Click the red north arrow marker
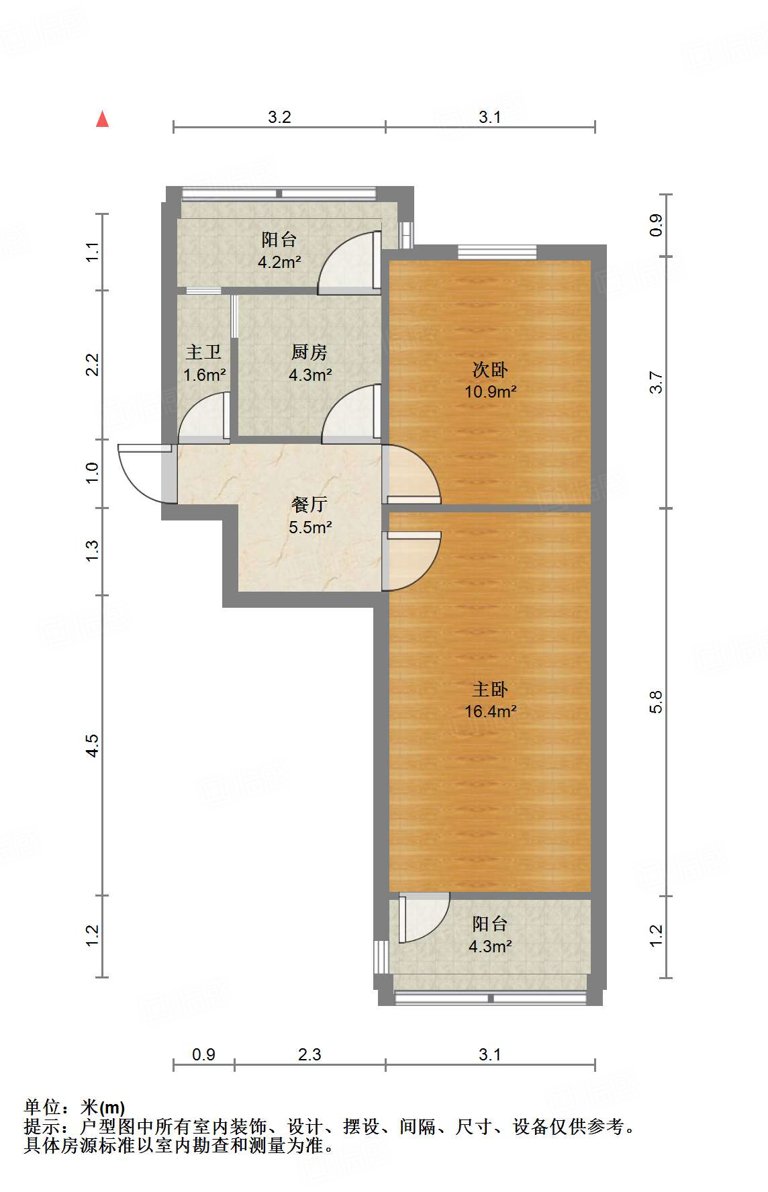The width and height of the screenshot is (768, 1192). click(x=102, y=119)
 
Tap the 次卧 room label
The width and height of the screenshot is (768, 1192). click(x=490, y=369)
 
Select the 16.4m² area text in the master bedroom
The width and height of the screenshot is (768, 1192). click(x=491, y=711)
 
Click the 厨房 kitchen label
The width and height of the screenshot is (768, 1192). click(x=309, y=352)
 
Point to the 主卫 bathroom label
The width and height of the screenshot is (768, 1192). click(x=203, y=352)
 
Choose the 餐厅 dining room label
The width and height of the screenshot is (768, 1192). click(x=309, y=504)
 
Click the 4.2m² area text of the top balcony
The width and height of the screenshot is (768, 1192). click(x=279, y=262)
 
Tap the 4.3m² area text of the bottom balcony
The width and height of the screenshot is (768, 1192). click(x=491, y=947)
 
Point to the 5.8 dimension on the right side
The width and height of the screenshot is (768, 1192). click(x=656, y=702)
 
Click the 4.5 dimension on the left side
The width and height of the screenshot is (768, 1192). click(x=92, y=745)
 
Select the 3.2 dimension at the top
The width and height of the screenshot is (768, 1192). click(x=279, y=117)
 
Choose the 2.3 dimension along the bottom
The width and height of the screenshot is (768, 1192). click(x=309, y=1054)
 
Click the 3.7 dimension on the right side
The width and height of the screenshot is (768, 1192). click(x=656, y=382)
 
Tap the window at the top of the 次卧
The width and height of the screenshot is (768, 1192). click(x=497, y=252)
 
